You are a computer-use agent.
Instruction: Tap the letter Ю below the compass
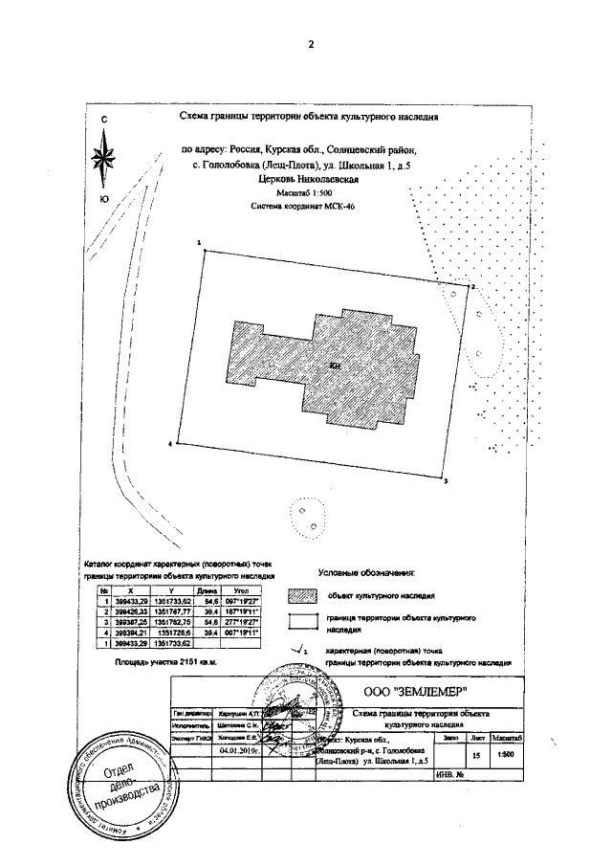point(103,198)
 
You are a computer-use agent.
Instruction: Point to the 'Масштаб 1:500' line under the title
point(309,192)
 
